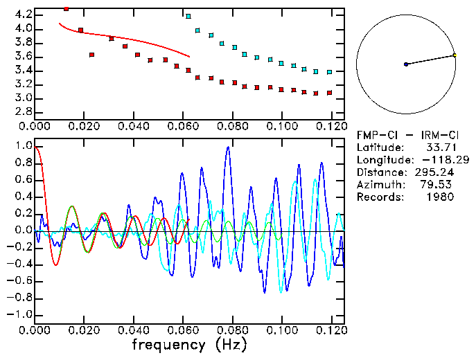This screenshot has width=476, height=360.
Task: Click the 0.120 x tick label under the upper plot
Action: (329, 127)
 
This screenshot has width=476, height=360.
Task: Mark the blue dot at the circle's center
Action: (406, 64)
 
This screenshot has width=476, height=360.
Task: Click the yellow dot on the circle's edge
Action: (455, 55)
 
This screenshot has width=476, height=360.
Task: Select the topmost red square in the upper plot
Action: (67, 9)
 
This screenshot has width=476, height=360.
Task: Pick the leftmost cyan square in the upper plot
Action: (188, 16)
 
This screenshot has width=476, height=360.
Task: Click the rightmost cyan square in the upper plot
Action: (330, 72)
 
